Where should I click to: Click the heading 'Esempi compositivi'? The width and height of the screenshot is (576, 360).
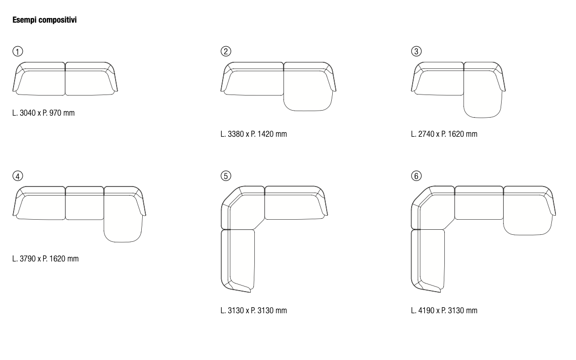44,20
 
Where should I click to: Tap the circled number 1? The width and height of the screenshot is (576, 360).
18,51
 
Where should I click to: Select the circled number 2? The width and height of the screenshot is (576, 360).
226,51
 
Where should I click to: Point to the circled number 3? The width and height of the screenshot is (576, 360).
416,51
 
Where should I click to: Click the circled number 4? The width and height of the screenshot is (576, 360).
18,176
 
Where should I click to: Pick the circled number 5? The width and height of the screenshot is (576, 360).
226,176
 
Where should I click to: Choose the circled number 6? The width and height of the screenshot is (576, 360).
416,176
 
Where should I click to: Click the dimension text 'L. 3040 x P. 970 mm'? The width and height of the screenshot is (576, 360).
43,113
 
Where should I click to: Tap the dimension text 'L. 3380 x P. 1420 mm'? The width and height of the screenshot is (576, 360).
253,134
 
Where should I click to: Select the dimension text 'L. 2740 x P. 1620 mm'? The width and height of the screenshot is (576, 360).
444,134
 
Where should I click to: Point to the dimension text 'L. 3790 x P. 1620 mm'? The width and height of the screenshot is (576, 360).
45,258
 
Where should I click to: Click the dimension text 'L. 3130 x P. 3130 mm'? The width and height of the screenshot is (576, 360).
253,310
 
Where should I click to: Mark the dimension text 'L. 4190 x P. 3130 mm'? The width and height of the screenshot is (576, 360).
444,310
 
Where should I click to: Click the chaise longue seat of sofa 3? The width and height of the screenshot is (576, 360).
483,94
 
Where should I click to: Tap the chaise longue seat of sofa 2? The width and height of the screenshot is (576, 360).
308,91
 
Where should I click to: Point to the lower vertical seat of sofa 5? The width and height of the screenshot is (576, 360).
239,258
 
